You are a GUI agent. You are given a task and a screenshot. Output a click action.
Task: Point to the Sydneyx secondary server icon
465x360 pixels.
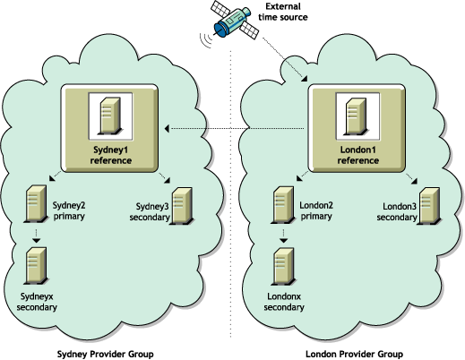point(36,265)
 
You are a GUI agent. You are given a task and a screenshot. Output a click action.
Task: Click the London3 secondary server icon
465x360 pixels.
point(431,201)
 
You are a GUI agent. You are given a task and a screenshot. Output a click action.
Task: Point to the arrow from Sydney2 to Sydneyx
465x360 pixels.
point(36,236)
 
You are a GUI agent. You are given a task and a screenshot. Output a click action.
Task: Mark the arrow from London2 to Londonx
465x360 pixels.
point(284,236)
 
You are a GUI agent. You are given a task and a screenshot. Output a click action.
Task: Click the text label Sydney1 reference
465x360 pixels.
point(111,154)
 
